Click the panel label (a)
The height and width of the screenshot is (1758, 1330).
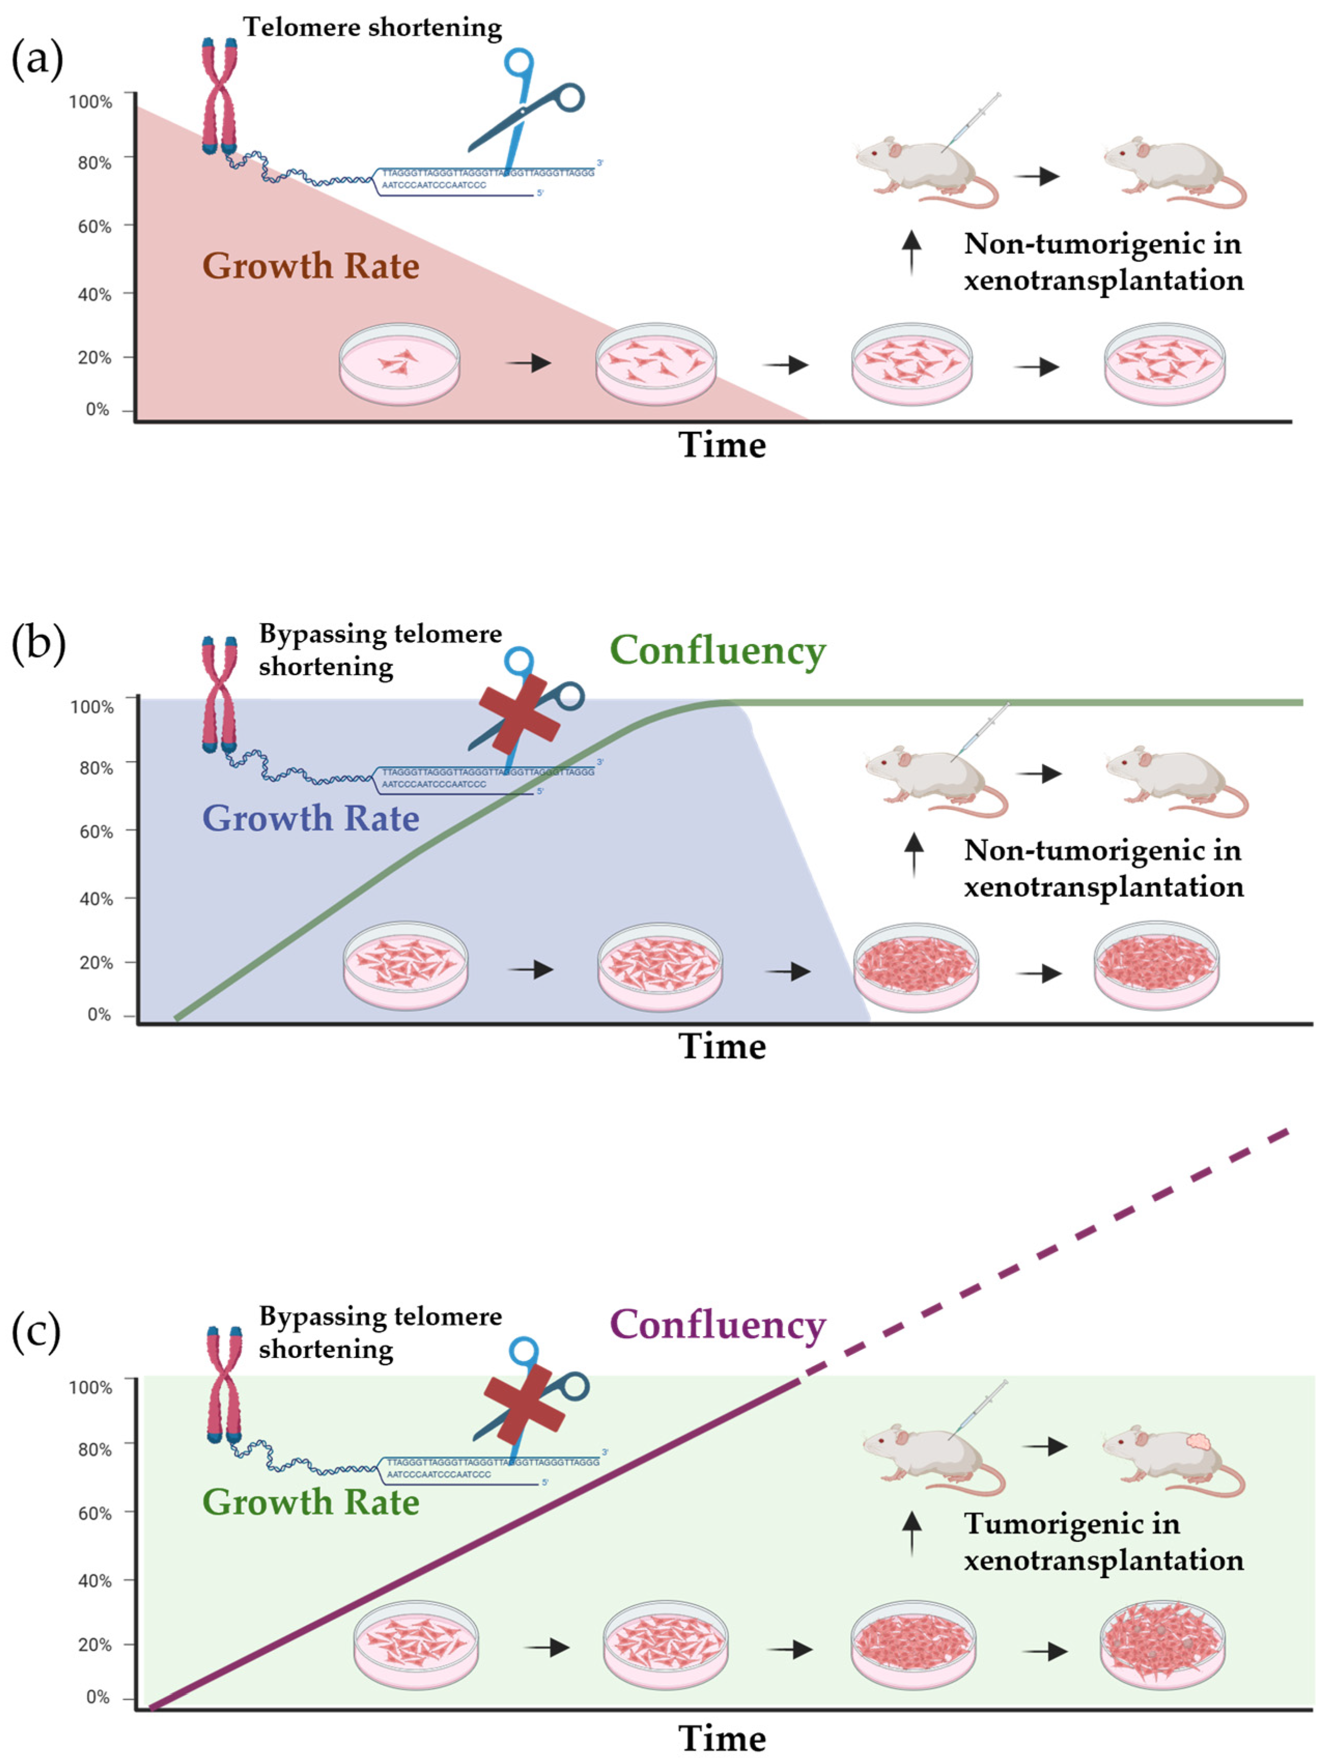(x=37, y=59)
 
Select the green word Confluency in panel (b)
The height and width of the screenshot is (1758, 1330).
(x=718, y=651)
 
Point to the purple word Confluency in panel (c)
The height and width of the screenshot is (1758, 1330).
(x=718, y=1325)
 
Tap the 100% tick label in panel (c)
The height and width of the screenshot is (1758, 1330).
(x=91, y=1388)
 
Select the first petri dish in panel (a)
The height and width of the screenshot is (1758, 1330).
(x=400, y=364)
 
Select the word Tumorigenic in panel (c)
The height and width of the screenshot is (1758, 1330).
(x=1071, y=1523)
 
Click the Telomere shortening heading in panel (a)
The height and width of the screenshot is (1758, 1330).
(x=372, y=28)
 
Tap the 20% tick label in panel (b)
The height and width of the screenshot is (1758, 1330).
(x=95, y=963)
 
